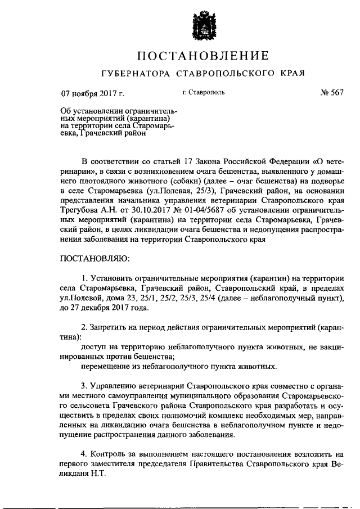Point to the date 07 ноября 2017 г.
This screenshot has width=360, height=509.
92,93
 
